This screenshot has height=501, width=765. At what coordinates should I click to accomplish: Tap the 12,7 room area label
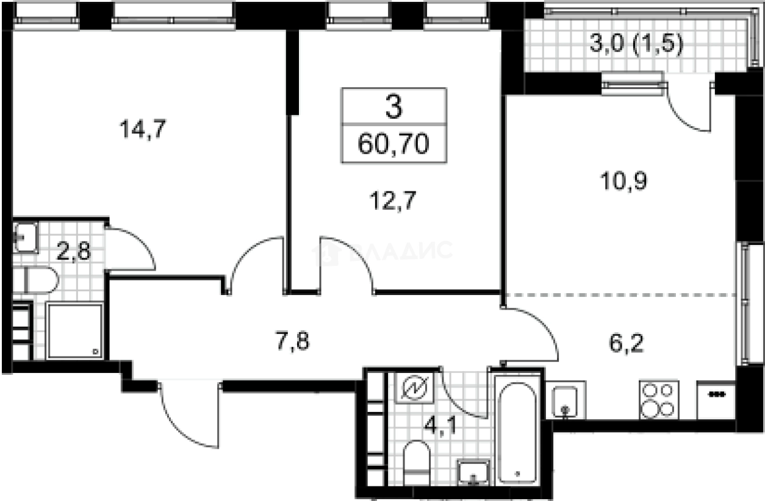(393, 200)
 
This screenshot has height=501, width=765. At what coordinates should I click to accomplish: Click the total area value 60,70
(393, 145)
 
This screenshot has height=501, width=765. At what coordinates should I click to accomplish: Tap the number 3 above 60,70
(393, 108)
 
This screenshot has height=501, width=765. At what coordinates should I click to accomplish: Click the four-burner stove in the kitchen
(658, 399)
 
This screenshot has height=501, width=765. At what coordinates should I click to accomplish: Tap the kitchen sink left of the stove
(567, 400)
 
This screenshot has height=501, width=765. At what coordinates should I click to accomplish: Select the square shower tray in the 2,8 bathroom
(74, 331)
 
